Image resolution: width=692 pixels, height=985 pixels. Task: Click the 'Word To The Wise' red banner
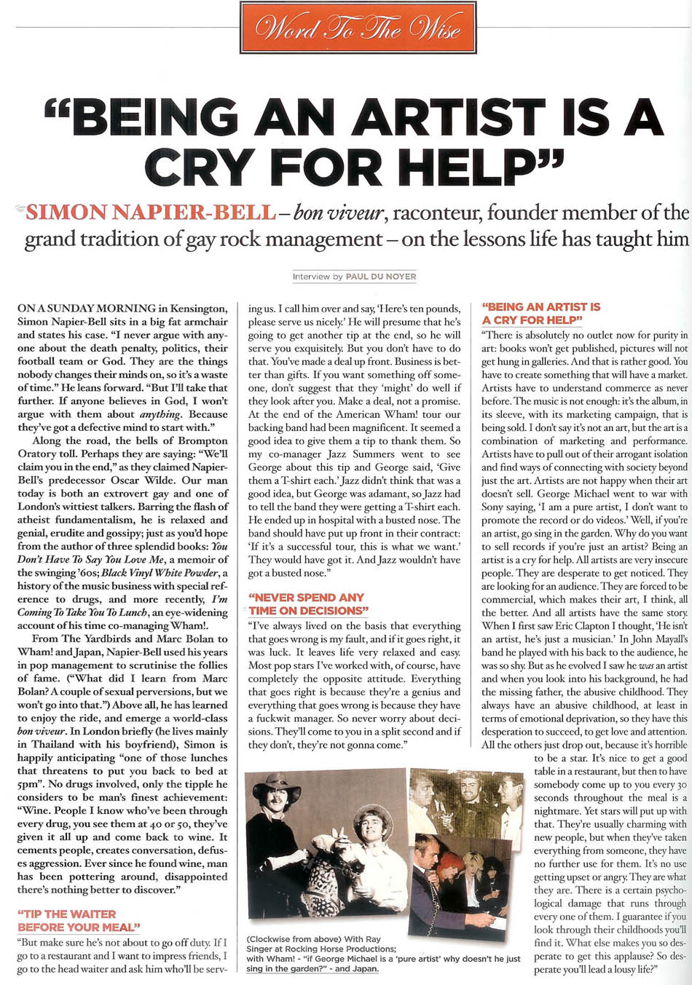358,28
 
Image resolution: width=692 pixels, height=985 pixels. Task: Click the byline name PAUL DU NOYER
381,277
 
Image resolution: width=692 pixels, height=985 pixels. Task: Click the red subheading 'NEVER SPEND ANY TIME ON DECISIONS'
306,604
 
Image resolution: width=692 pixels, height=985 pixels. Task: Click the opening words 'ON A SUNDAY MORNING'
87,309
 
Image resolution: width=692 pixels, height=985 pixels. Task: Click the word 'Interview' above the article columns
311,277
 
